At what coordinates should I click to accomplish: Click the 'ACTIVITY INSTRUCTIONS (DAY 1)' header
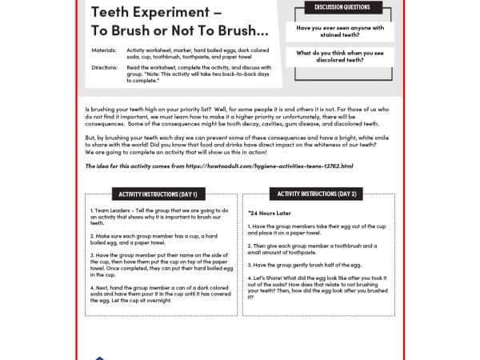[x=158, y=194]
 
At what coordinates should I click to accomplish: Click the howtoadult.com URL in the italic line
[x=272, y=166]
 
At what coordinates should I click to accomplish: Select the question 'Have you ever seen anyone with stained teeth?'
[x=340, y=30]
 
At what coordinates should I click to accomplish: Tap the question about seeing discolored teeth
[x=340, y=56]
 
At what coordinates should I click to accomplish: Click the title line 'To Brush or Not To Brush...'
[x=179, y=30]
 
